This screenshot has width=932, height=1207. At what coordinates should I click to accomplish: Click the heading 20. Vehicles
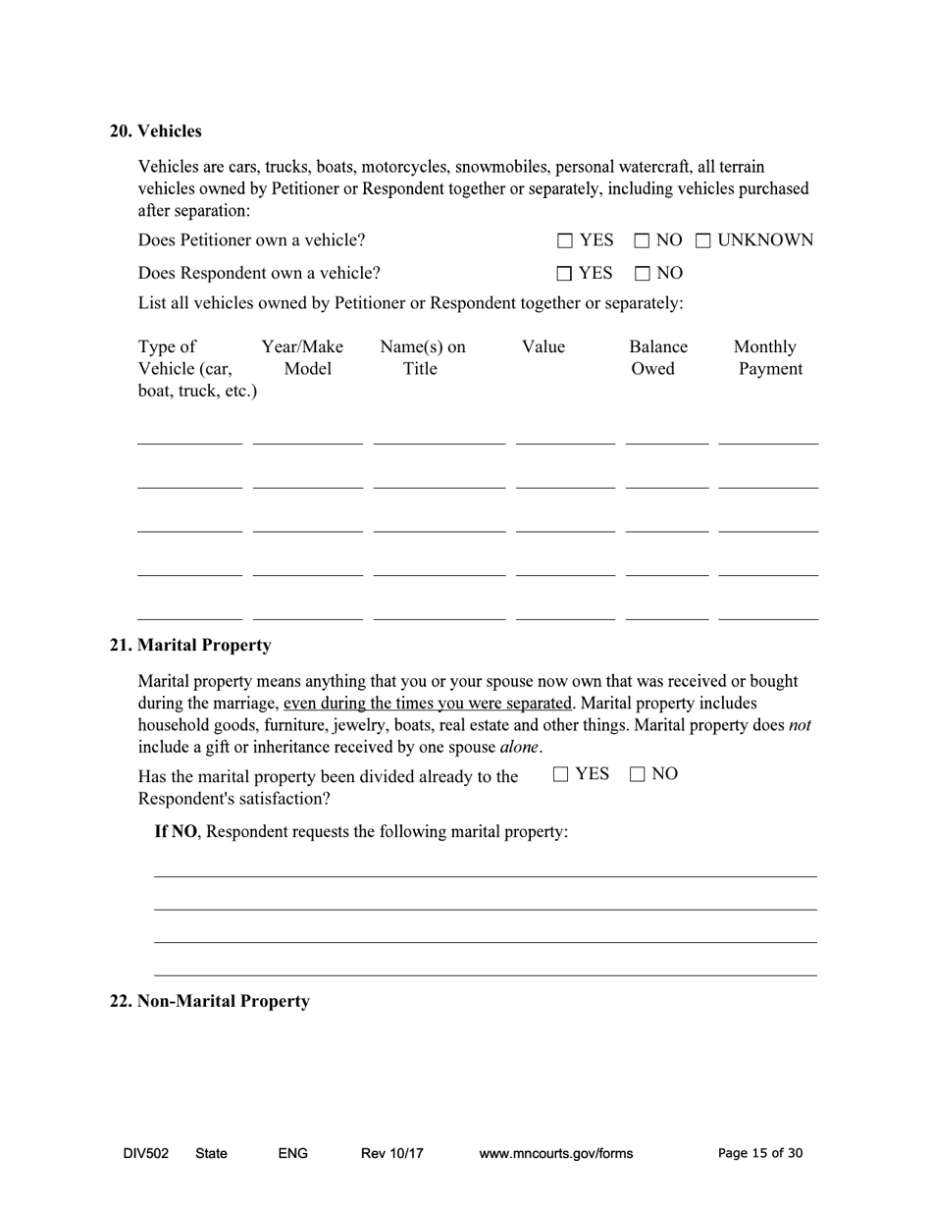coord(155,131)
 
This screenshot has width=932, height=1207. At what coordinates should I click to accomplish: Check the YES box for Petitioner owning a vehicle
coord(565,240)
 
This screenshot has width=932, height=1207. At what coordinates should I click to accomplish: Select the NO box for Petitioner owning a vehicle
coord(642,240)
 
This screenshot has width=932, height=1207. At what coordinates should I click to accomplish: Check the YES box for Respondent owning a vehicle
coord(565,273)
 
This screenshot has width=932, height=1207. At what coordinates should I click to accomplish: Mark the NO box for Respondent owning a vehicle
coord(642,273)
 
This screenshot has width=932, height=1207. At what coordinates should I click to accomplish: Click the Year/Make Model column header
coord(302,358)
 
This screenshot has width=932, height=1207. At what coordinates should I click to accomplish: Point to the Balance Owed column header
coord(657,358)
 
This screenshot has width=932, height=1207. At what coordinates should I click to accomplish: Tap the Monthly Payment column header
coord(767,358)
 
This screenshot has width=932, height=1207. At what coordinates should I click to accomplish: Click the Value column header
coord(543,347)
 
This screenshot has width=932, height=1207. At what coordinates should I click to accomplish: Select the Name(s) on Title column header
coord(422,358)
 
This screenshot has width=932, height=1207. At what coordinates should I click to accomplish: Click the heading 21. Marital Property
coord(189,646)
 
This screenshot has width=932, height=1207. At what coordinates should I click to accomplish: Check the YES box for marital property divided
coord(560,774)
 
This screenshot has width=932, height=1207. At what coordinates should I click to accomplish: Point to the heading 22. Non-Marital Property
coord(209,1002)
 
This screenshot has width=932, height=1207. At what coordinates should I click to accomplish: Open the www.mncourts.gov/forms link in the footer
coord(555,1154)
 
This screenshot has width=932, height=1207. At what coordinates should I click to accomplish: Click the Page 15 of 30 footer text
coord(760,1154)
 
